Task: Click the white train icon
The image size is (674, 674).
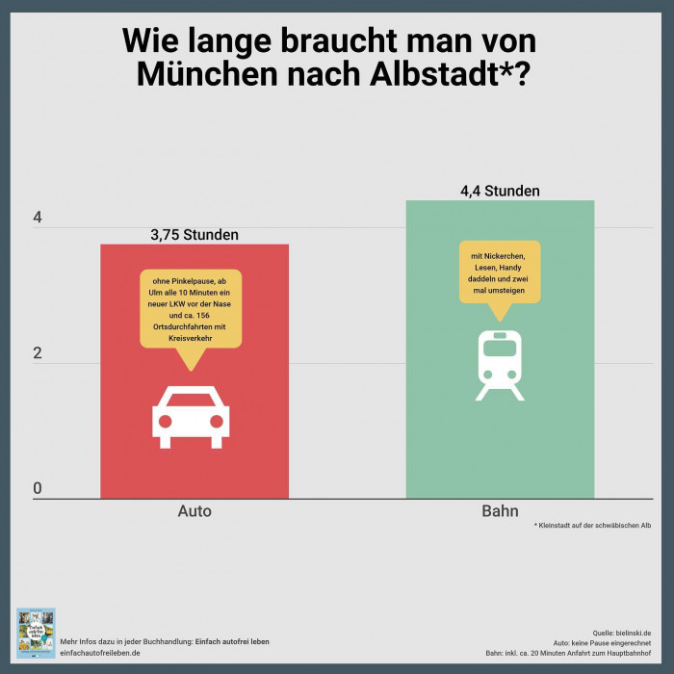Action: click(500, 365)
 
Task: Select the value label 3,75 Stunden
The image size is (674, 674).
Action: click(194, 234)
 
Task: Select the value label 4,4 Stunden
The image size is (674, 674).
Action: click(500, 191)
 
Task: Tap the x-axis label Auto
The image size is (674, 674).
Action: click(194, 511)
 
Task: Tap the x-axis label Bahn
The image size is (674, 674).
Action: click(500, 511)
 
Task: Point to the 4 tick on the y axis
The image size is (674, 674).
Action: click(38, 219)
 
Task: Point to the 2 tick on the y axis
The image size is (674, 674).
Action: click(38, 354)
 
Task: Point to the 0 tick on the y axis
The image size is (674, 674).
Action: click(38, 489)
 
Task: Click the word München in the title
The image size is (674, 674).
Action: click(199, 75)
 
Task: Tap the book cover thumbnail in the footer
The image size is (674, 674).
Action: click(36, 633)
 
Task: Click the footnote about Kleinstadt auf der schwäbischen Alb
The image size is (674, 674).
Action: click(592, 526)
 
